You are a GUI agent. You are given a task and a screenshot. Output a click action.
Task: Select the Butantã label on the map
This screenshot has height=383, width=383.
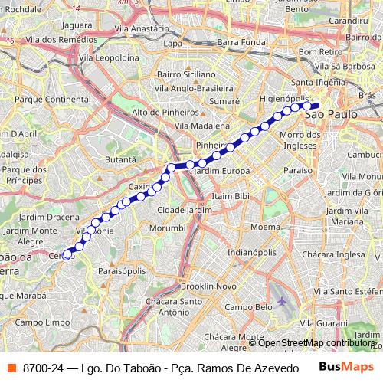pyautogui.click(x=120, y=159)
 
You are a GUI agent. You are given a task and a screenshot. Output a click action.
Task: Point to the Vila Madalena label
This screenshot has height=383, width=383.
pyautogui.click(x=202, y=125)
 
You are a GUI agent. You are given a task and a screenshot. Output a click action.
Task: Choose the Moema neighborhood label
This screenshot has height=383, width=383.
pyautogui.click(x=265, y=228)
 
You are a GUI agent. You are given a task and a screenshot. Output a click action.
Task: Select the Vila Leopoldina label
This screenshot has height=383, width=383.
pyautogui.click(x=113, y=57)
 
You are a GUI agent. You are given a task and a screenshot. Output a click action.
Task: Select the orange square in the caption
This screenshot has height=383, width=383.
pyautogui.click(x=11, y=368)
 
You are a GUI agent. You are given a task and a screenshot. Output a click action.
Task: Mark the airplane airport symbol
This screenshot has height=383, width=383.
pyautogui.click(x=285, y=302)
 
